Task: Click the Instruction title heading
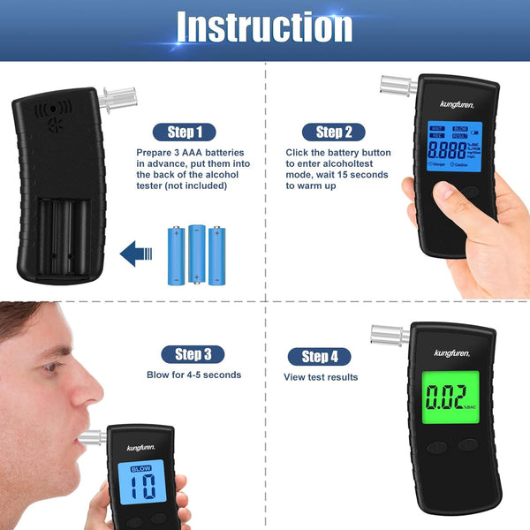[x=265, y=27]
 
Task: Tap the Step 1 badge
[x=185, y=132]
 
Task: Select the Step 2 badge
[x=328, y=132]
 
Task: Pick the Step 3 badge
[x=186, y=354]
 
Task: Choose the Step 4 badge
[x=319, y=357]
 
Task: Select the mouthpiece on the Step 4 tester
[x=390, y=337]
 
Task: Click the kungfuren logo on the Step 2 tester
[x=458, y=104]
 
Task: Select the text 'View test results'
[x=321, y=377]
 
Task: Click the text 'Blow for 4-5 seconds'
[x=193, y=375]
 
